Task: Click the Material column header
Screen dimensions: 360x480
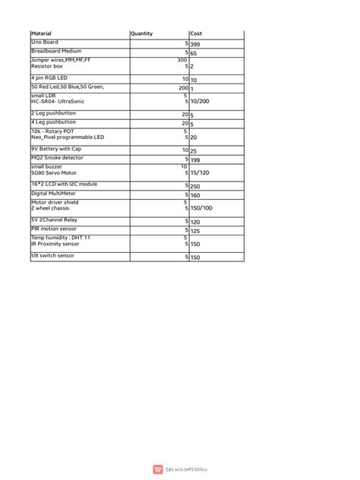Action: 40,34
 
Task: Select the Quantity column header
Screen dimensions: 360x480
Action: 142,34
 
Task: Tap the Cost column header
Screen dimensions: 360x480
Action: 196,34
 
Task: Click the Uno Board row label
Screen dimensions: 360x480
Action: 44,43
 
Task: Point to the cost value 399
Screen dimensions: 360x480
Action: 195,45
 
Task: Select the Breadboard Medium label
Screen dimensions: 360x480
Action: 56,51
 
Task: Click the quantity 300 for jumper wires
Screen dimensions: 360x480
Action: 182,59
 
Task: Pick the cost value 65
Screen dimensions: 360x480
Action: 193,54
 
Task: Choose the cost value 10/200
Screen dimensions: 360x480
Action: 201,101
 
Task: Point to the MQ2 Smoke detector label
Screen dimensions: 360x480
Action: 58,157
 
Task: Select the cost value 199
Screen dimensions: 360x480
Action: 195,160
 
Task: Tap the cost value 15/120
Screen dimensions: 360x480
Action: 201,173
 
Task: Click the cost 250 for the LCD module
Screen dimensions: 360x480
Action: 195,186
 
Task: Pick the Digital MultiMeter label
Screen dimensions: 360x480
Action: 56,193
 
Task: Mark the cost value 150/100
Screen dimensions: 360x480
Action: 201,208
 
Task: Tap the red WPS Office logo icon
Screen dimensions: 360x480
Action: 158,469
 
